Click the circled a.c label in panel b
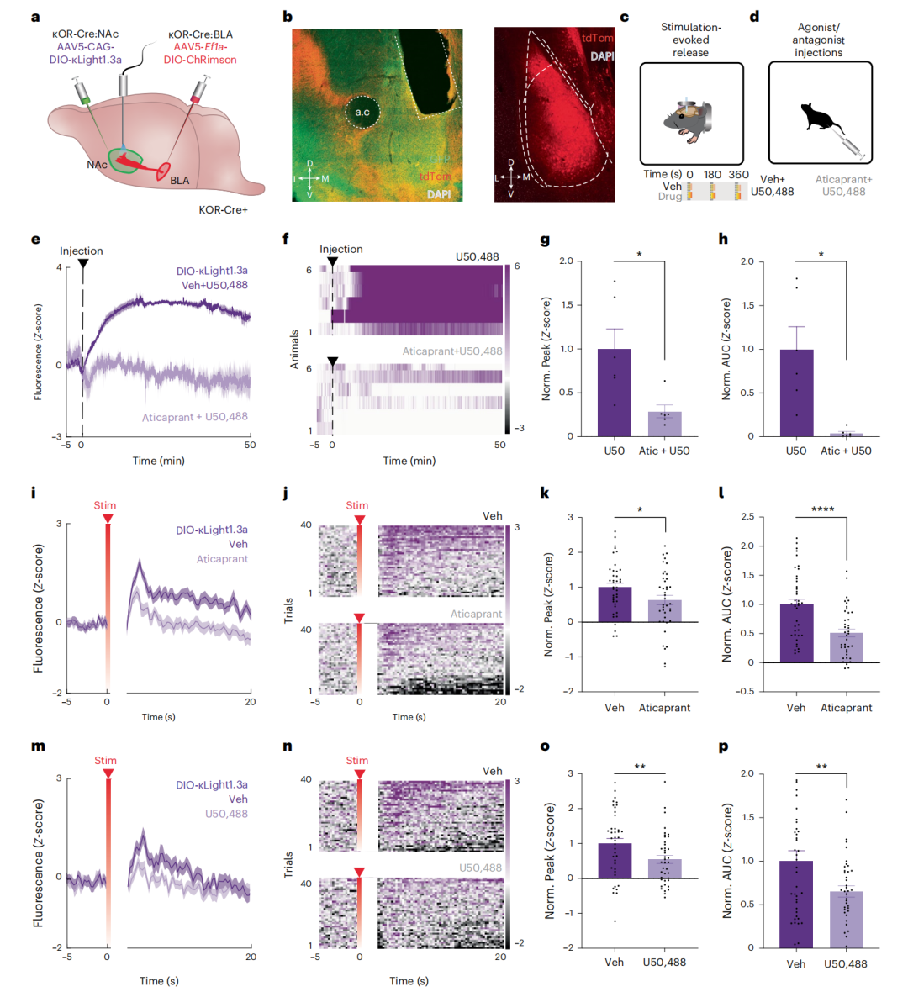coord(362,112)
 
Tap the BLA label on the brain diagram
coord(179,181)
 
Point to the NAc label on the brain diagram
coord(97,165)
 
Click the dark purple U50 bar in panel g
coord(614,392)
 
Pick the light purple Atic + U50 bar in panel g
coord(664,424)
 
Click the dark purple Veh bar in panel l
coord(795,632)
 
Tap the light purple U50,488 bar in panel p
coord(846,919)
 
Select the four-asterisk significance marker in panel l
coord(821,509)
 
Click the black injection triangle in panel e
coord(82,264)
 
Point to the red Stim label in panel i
coord(105,506)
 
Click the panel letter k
coord(545,493)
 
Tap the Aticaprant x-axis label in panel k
coord(664,708)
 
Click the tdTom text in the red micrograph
coord(598,38)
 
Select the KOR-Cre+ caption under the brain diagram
coord(223,209)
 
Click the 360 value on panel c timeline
coord(738,175)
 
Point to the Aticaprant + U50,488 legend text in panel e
coord(194,417)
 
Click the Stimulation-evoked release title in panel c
coord(690,40)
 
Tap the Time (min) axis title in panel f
coord(409,461)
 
